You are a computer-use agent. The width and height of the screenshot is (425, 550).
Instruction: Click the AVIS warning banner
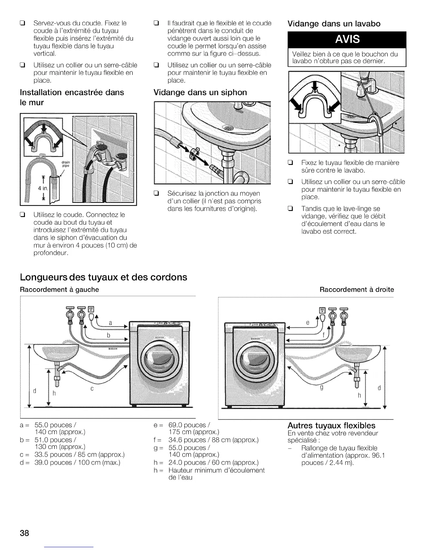(347, 40)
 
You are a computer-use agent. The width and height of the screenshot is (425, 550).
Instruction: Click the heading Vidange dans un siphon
(200, 92)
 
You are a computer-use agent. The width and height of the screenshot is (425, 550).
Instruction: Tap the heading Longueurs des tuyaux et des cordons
(103, 277)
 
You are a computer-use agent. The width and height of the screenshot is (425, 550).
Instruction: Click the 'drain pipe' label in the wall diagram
(66, 164)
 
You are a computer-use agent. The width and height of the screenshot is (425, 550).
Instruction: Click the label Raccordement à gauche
(59, 290)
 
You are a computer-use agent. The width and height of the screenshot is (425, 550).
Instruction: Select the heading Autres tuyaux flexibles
(331, 425)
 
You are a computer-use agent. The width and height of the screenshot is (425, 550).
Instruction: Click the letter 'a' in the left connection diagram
(110, 323)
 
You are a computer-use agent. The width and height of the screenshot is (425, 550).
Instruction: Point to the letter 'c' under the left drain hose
(92, 389)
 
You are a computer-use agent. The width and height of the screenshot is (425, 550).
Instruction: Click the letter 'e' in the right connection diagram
(307, 323)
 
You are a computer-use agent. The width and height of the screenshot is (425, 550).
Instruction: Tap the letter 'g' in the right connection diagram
(322, 387)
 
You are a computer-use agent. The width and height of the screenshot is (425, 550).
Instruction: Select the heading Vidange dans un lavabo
(334, 24)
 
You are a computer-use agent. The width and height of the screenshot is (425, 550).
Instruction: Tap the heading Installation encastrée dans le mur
(72, 97)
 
